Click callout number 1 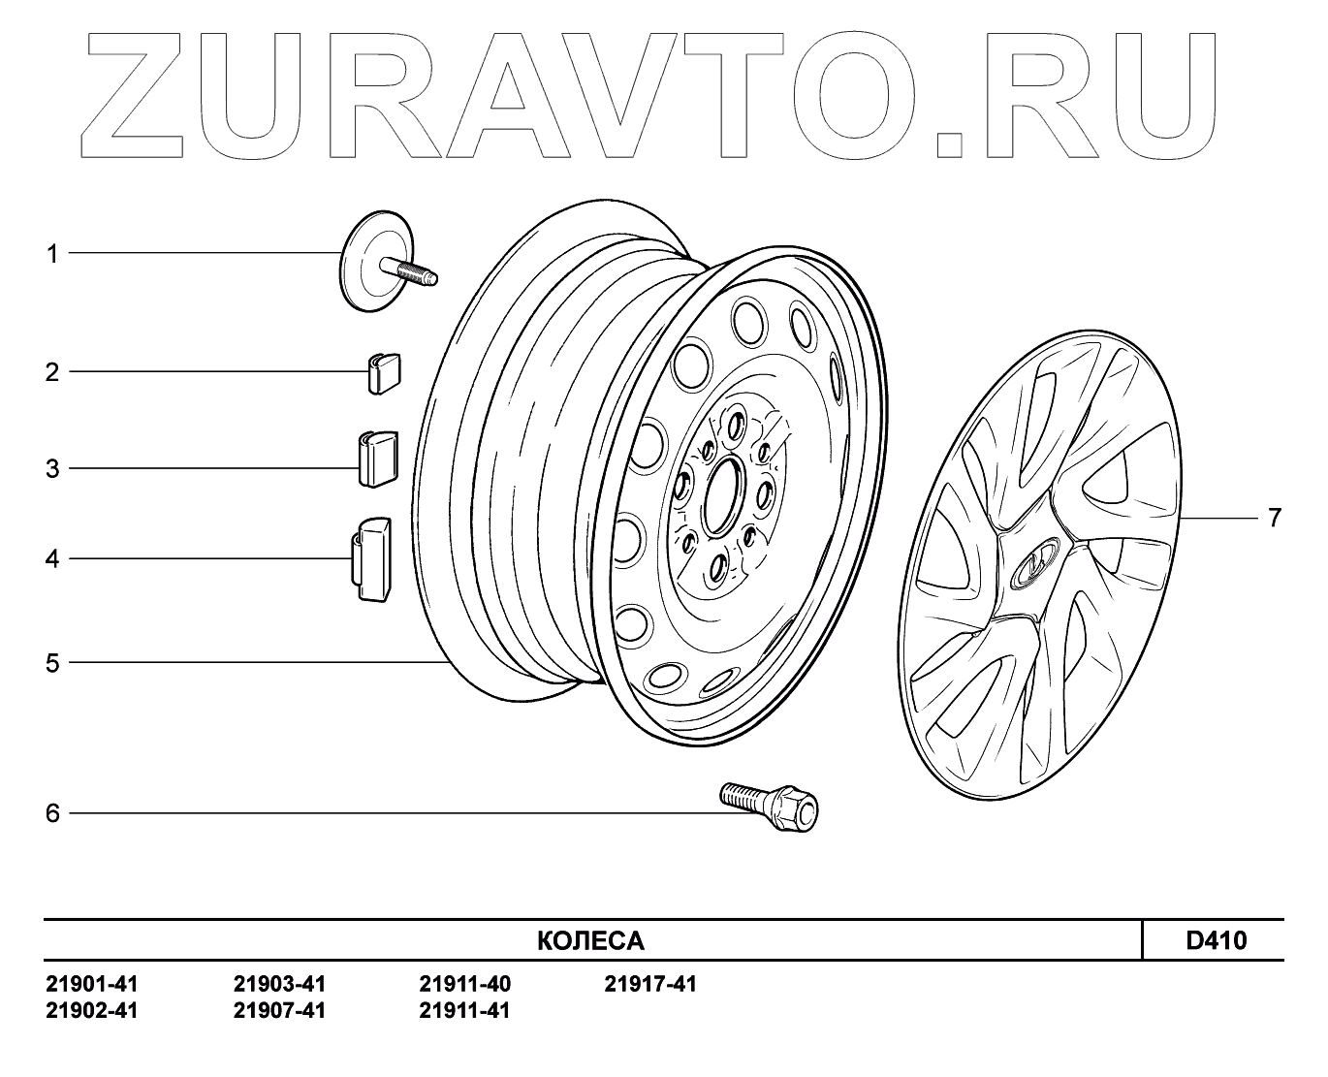click(x=52, y=254)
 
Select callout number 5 click(x=52, y=664)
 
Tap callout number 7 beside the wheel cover click(x=1274, y=518)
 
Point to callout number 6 click(x=52, y=812)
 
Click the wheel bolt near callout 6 click(x=771, y=805)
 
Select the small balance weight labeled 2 click(x=384, y=372)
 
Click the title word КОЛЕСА click(x=590, y=941)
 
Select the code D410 click(x=1217, y=940)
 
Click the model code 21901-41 click(x=92, y=985)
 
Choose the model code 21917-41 click(x=650, y=985)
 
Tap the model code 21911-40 click(x=464, y=985)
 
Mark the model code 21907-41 click(x=279, y=1011)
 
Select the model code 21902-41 click(x=92, y=1011)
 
